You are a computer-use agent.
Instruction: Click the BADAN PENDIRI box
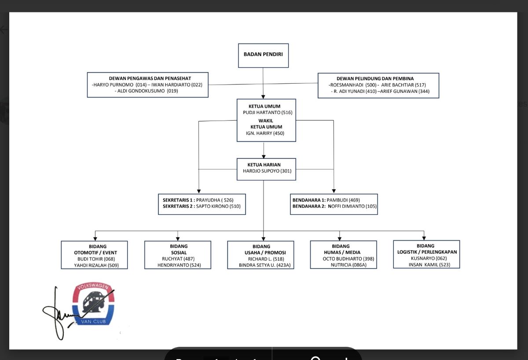(263, 55)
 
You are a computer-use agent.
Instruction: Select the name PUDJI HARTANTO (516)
(268, 113)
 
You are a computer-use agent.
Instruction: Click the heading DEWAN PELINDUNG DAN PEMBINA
(378, 78)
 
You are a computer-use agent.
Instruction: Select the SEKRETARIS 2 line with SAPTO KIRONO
(202, 206)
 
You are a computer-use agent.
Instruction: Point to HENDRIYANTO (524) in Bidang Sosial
(179, 265)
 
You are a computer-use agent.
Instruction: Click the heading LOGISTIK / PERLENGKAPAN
(426, 252)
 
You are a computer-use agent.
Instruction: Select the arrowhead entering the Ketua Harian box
(264, 156)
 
